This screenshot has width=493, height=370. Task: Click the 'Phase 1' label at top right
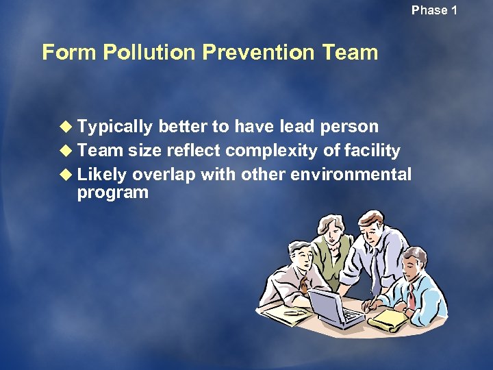434,10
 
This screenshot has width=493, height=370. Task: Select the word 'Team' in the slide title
351,52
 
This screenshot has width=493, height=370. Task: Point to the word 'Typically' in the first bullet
115,127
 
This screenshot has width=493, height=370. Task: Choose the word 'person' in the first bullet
349,127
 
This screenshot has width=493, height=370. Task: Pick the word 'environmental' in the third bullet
351,174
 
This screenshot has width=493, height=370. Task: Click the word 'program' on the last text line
112,193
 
